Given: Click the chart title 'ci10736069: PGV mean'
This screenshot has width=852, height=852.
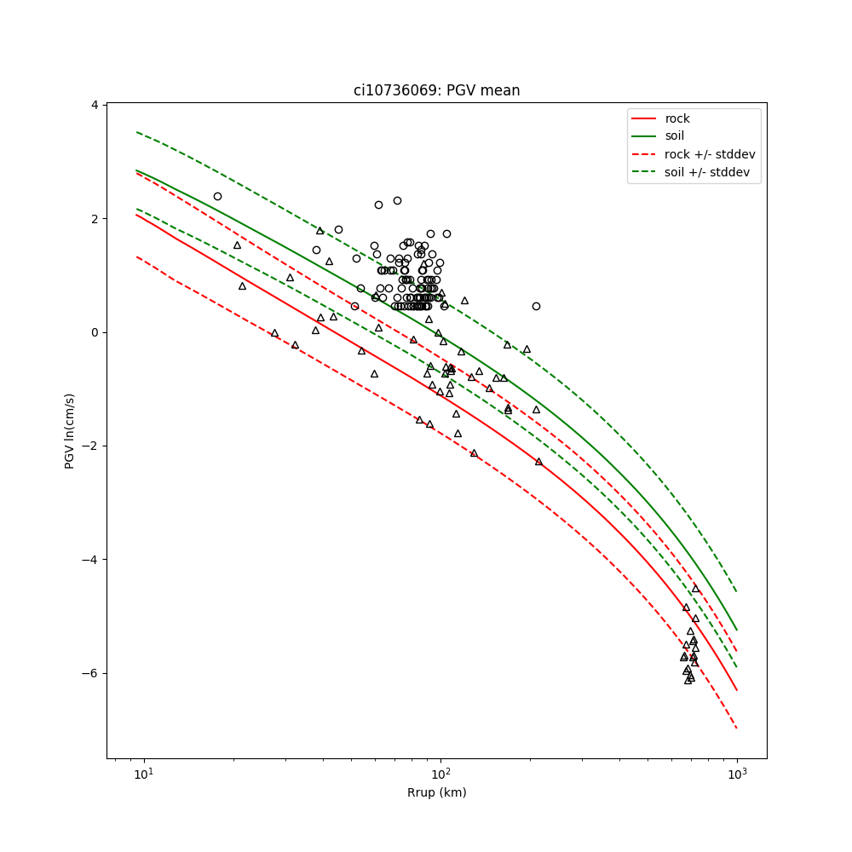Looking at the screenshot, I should (x=436, y=90).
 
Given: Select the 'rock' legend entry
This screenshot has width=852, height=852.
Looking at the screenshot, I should (x=677, y=118).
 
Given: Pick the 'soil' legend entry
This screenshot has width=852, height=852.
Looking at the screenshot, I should (x=675, y=135).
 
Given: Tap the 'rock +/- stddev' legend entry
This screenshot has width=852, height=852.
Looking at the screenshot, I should (x=710, y=154).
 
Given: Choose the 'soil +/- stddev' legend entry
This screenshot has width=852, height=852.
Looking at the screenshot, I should (x=709, y=172).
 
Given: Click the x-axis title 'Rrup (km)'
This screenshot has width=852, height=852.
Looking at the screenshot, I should (x=436, y=793).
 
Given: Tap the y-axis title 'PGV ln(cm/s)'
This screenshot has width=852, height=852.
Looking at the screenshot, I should (x=70, y=431).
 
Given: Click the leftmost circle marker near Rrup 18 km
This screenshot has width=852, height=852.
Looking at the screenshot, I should (x=217, y=196).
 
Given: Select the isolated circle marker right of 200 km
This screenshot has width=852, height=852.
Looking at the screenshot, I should (x=536, y=306).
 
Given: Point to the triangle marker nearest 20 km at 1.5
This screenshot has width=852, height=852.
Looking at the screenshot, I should (x=238, y=245).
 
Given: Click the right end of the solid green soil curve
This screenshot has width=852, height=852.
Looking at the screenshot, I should (x=736, y=630).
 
